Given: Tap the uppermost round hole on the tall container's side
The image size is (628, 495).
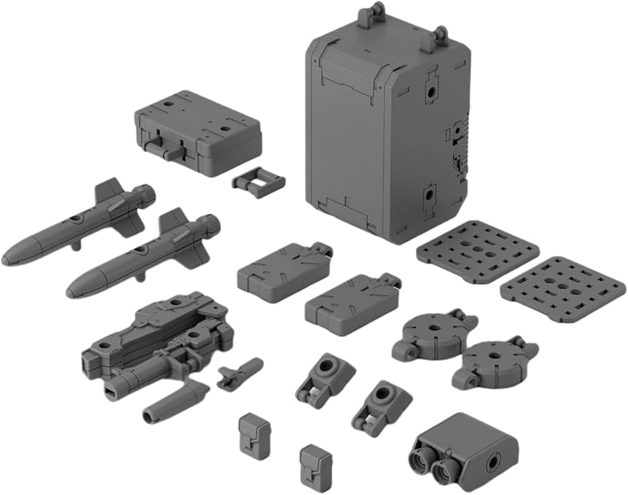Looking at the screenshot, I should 428,92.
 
